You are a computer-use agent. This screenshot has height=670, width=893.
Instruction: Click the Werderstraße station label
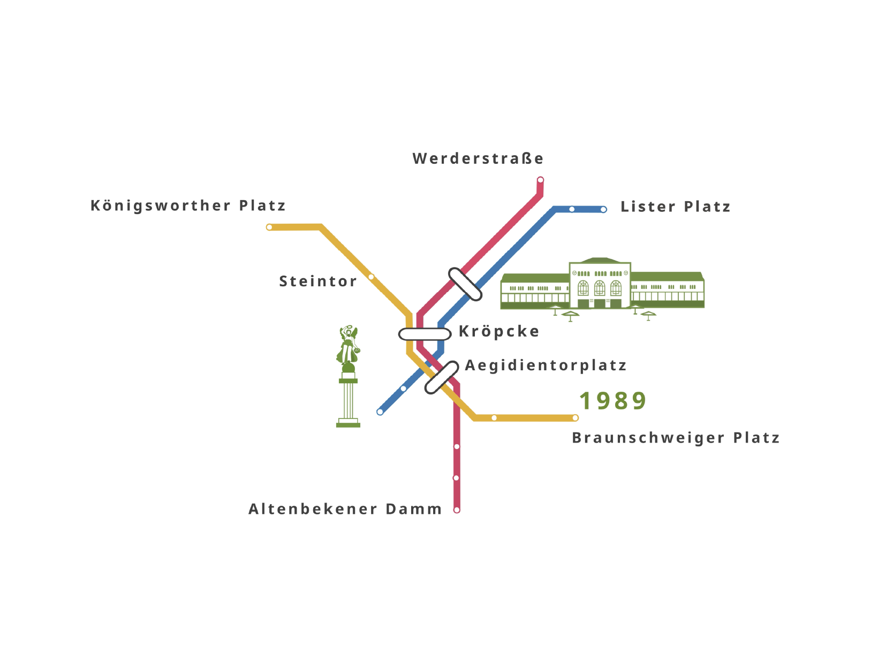478,158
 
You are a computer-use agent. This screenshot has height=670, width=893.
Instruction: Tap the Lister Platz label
676,207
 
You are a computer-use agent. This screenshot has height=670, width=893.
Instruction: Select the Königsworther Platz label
188,205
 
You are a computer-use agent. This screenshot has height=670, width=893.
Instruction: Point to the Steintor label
318,281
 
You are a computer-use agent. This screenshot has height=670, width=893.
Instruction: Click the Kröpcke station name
499,331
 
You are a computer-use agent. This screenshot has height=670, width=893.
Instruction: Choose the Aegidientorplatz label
546,365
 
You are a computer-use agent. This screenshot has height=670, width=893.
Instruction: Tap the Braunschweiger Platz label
676,438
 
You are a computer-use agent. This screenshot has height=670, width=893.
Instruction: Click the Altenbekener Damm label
345,509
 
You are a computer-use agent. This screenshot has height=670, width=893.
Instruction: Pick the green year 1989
613,401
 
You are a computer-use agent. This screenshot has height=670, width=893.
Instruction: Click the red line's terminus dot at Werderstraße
540,180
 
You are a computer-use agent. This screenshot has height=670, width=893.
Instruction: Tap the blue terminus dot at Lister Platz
603,209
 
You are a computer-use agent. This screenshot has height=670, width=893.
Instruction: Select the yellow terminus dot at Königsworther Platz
269,227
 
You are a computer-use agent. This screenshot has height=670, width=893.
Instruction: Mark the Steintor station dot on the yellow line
371,277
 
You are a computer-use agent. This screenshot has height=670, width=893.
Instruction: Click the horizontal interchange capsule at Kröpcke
425,334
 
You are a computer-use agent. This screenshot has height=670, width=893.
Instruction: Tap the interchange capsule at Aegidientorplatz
442,377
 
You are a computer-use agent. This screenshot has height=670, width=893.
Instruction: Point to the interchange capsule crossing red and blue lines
465,284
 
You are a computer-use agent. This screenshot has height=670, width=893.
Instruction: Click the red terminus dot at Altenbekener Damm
457,510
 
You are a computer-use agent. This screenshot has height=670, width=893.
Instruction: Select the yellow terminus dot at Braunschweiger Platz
576,418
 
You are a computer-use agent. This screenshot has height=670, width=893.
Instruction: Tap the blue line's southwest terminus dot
380,412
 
